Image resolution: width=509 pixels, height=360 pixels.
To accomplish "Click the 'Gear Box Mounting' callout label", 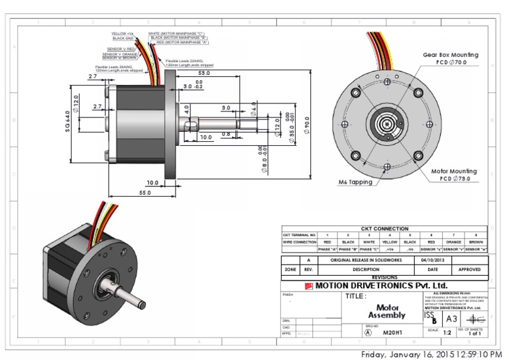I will tap(451, 54).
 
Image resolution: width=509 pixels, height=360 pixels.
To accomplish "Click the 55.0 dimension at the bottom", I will tap(144, 193).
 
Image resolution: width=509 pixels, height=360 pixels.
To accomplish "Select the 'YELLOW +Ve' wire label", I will tap(123, 33).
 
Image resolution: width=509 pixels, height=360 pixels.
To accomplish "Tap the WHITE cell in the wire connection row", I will tap(368, 242).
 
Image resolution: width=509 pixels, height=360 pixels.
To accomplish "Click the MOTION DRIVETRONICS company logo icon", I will tap(309, 286).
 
